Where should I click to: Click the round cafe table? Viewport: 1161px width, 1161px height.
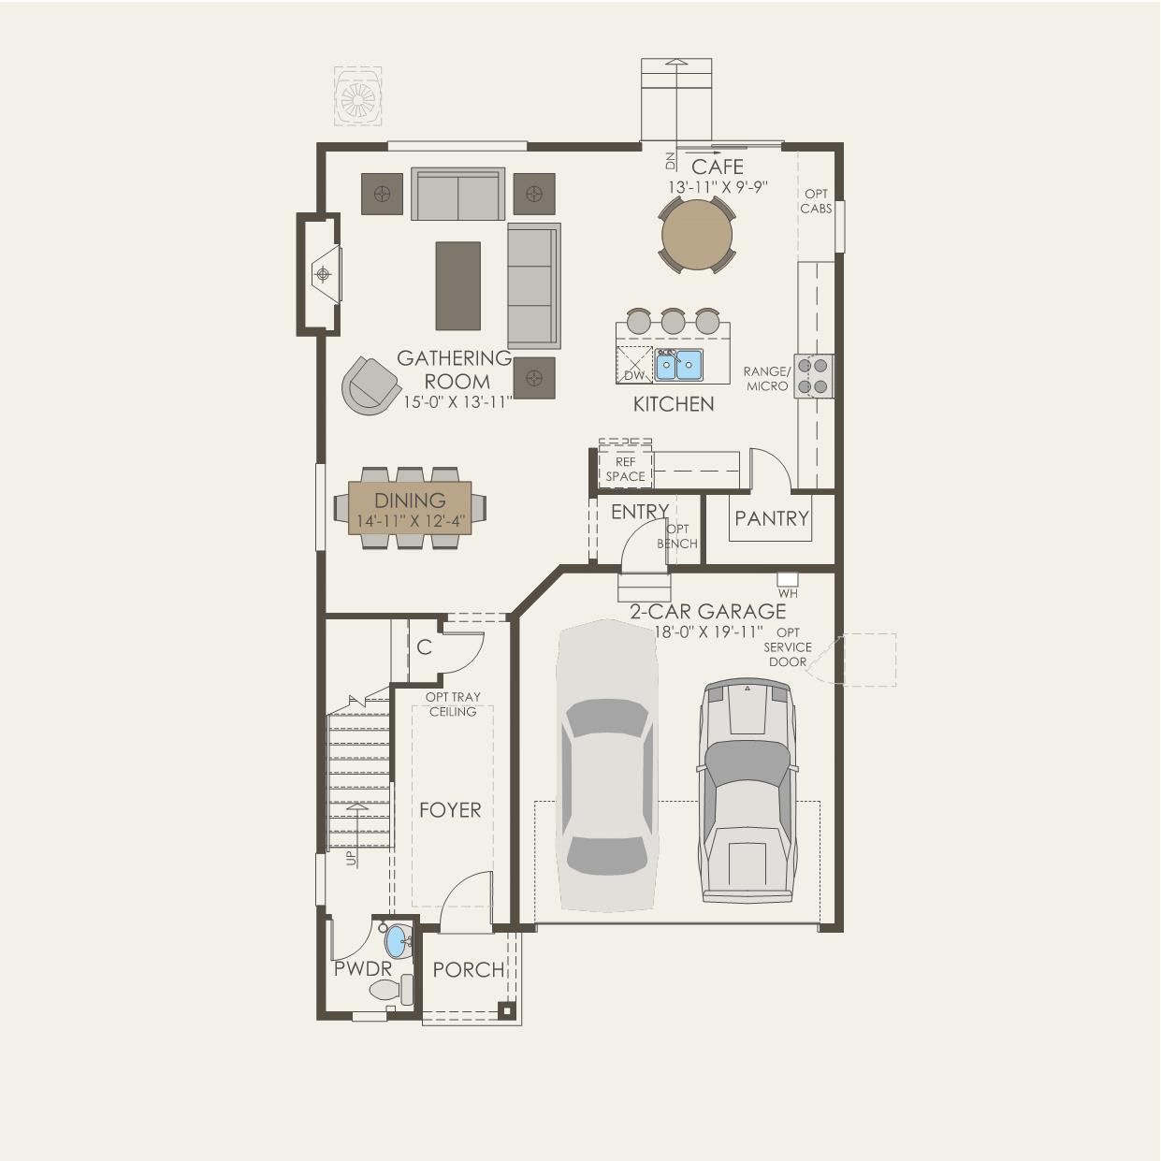click(x=696, y=235)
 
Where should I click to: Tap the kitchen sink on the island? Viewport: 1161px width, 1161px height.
click(x=679, y=365)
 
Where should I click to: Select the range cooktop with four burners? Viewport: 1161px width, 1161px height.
click(x=813, y=375)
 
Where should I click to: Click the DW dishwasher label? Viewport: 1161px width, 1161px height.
click(x=634, y=375)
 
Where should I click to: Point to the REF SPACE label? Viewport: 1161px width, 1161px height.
click(x=625, y=469)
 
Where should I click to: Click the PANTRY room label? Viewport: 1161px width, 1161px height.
click(x=771, y=518)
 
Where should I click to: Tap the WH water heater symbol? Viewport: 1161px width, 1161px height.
click(x=788, y=580)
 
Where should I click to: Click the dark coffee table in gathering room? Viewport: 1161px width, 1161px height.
click(x=457, y=285)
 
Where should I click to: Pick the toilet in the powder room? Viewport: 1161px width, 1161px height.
click(x=391, y=989)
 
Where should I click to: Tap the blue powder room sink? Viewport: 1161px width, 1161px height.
click(x=397, y=941)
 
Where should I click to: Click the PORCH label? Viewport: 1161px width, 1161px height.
click(x=468, y=969)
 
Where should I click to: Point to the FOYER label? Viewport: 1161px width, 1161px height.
click(x=450, y=810)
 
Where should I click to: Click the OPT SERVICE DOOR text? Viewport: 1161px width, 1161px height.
click(x=788, y=647)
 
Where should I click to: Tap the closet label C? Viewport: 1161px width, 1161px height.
click(x=424, y=647)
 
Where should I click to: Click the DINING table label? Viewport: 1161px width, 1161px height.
click(x=411, y=501)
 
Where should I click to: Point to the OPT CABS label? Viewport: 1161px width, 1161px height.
click(x=816, y=201)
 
